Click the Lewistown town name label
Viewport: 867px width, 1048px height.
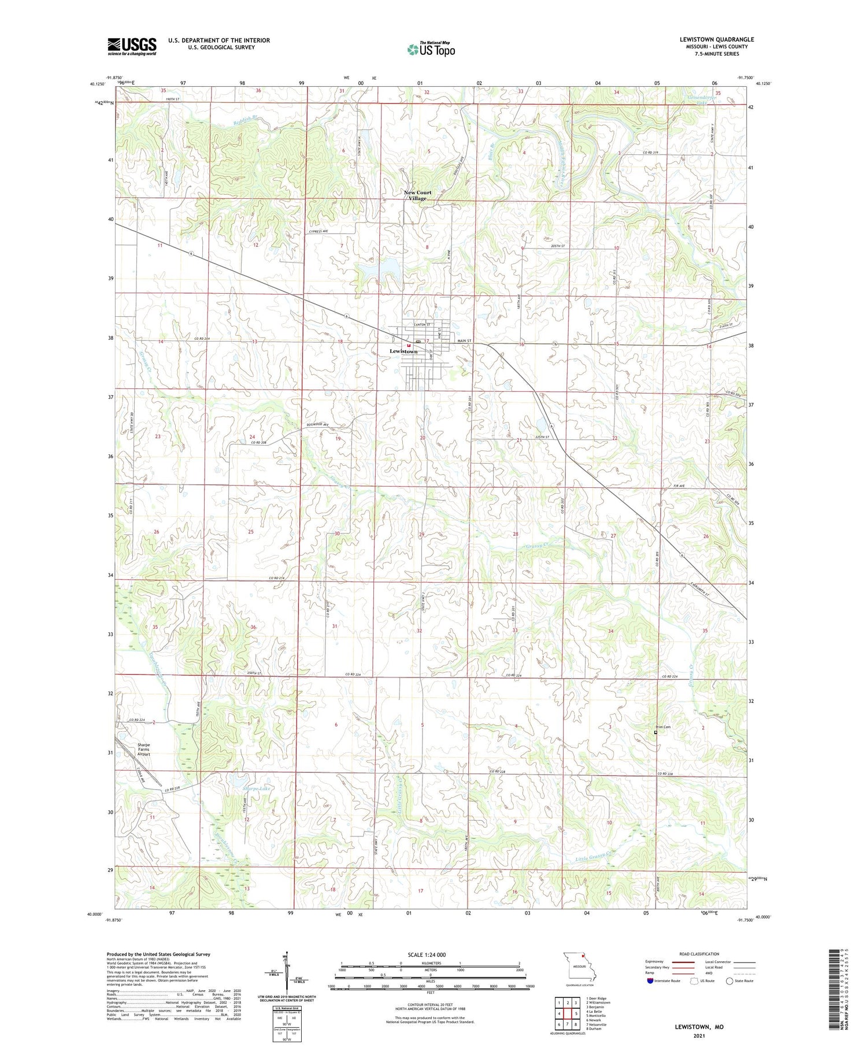(x=403, y=351)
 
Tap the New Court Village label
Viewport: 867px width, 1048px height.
(x=417, y=195)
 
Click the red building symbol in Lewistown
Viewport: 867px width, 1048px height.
(x=408, y=346)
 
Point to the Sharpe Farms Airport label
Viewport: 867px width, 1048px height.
(x=143, y=749)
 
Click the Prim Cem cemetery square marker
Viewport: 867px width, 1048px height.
(x=655, y=732)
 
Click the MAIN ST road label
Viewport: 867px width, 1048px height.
(x=465, y=341)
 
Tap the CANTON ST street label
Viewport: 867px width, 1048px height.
(x=422, y=325)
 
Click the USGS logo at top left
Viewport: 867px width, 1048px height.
(x=132, y=46)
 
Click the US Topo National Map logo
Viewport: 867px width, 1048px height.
(x=431, y=49)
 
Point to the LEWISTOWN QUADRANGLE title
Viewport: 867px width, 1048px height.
(x=717, y=39)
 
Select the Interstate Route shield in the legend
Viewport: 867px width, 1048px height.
(x=650, y=981)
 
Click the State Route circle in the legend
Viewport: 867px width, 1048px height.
(x=730, y=981)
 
